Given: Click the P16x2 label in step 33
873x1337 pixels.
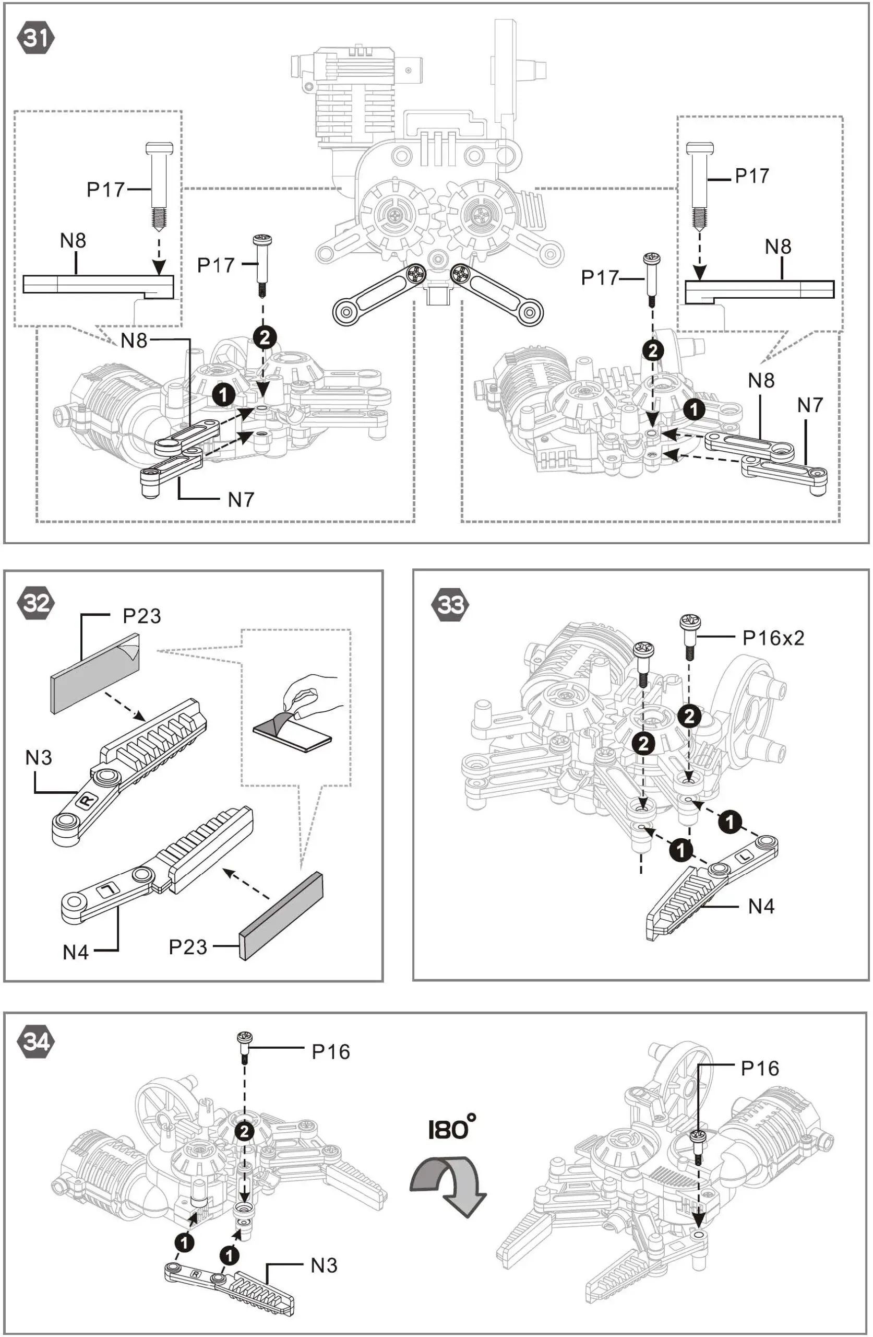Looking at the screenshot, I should point(773,638).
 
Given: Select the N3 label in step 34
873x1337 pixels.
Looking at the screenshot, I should point(324,1265).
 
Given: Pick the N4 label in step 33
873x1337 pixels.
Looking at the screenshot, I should point(761,906).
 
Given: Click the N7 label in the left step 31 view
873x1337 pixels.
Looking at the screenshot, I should point(241,499).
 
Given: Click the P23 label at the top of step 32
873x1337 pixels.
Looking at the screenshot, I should point(142,616).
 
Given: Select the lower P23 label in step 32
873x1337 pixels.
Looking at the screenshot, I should point(188,947).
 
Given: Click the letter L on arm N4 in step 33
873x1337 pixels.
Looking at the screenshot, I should point(744,858).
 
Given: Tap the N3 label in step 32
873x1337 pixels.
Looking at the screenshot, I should point(39,758).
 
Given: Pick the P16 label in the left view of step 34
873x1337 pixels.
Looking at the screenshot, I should point(331,1052).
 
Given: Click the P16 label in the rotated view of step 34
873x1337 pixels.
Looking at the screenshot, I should point(760,1069).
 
